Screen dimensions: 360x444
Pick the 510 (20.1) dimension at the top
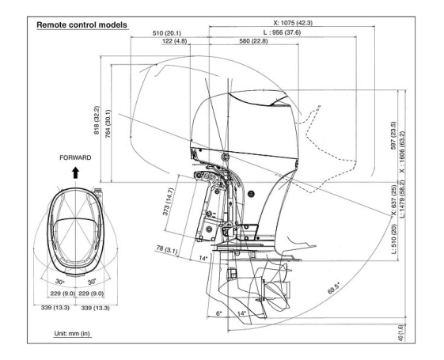[169, 32]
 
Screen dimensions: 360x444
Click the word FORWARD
[77, 157]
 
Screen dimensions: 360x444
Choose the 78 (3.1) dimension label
[167, 249]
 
